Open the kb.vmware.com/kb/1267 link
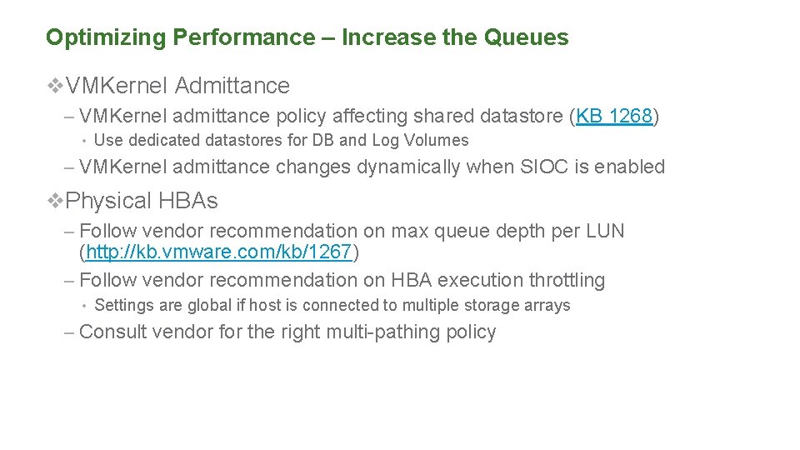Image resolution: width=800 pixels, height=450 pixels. coord(219,251)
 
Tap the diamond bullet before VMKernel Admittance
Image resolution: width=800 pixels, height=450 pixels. coord(55,86)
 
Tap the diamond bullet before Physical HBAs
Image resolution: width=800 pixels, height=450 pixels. coord(55,201)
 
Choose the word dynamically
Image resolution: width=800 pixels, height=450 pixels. coord(408,167)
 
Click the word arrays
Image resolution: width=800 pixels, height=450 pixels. coord(547,306)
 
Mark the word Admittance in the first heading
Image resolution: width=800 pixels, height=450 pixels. coord(232,86)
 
